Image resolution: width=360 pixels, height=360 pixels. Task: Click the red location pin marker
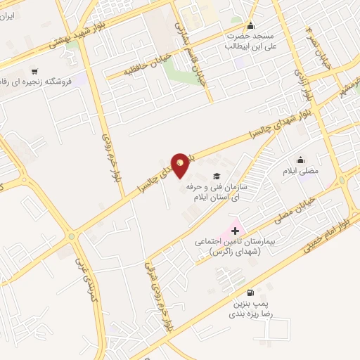(181, 167)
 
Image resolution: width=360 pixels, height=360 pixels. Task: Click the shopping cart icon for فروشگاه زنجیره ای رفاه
(34, 72)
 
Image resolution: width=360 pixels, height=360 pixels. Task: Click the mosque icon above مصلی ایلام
(301, 160)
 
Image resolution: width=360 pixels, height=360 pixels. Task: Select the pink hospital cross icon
(235, 230)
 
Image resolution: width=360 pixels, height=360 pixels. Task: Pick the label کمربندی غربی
(86, 277)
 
